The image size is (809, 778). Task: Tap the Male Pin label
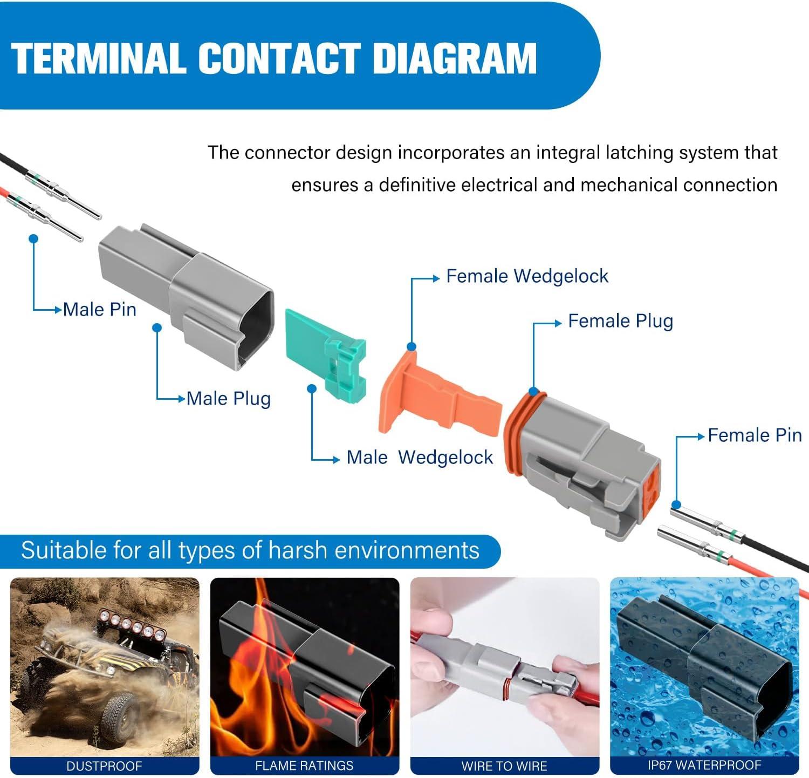[x=99, y=310]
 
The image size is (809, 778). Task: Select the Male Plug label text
[x=228, y=399]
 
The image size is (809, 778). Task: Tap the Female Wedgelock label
[x=527, y=276]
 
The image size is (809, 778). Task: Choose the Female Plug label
[x=620, y=321]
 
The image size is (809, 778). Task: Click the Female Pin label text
[x=754, y=435]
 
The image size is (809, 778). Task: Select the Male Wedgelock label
[x=419, y=458]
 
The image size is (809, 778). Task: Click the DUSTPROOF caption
[x=104, y=766]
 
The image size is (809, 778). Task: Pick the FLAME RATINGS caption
[x=304, y=766]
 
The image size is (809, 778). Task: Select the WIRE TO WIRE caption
[x=504, y=766]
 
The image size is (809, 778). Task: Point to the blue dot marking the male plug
[x=157, y=327]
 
